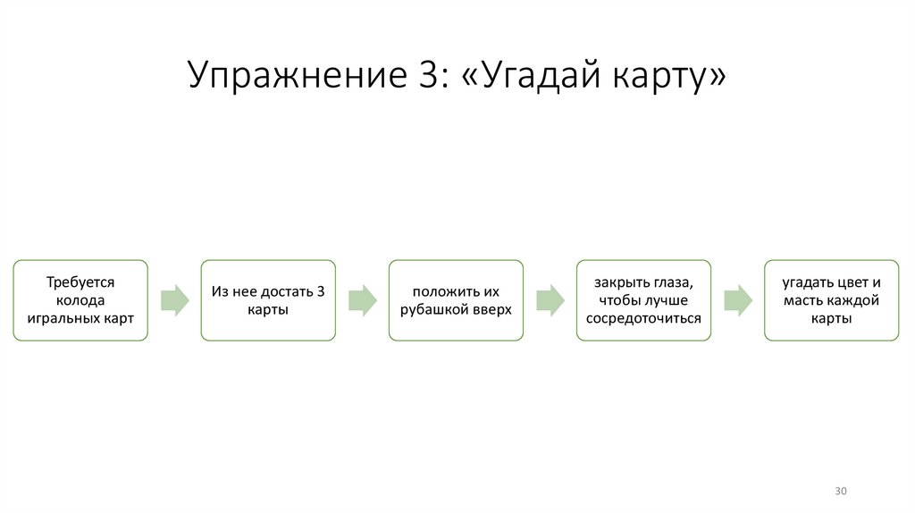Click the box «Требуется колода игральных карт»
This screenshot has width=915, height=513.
pyautogui.click(x=80, y=300)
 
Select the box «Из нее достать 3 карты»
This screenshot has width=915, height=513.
pyautogui.click(x=268, y=300)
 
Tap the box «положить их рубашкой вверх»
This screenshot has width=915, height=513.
pyautogui.click(x=456, y=300)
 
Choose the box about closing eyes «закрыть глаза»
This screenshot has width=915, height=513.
pyautogui.click(x=643, y=300)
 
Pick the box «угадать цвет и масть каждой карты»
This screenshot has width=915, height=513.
pyautogui.click(x=831, y=300)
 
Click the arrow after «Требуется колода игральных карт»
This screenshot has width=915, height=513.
pyautogui.click(x=174, y=300)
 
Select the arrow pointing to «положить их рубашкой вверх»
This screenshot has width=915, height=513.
pyautogui.click(x=362, y=300)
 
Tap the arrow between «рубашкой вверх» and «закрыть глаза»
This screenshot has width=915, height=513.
pyautogui.click(x=550, y=300)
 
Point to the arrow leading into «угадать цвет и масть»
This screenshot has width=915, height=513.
pyautogui.click(x=737, y=300)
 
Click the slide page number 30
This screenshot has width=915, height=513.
pyautogui.click(x=840, y=492)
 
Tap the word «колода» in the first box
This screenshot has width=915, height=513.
pyautogui.click(x=80, y=300)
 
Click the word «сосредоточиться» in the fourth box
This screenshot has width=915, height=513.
pyautogui.click(x=643, y=318)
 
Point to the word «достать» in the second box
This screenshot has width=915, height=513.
pyautogui.click(x=286, y=291)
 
